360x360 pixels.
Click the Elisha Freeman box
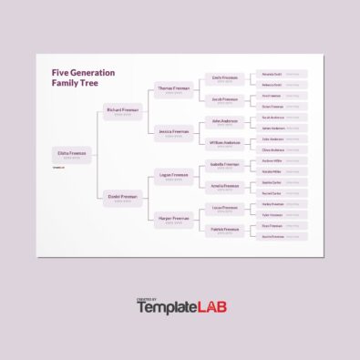pos(71,154)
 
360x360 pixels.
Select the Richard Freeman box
pos(122,111)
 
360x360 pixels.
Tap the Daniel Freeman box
pos(122,197)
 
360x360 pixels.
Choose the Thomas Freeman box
pos(173,89)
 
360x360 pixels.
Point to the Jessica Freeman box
pos(173,132)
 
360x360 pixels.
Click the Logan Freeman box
pos(173,175)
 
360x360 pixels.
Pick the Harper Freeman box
pos(173,219)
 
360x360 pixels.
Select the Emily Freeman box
pos(224,78)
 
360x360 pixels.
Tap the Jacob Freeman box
pos(224,99)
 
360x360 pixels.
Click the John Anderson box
pos(224,121)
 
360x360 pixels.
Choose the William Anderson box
pos(224,143)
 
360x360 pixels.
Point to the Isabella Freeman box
pos(224,165)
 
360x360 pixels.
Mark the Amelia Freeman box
pos(224,186)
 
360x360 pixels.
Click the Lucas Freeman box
pos(224,208)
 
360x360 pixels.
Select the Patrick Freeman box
pos(224,230)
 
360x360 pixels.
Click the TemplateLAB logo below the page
pos(180,307)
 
